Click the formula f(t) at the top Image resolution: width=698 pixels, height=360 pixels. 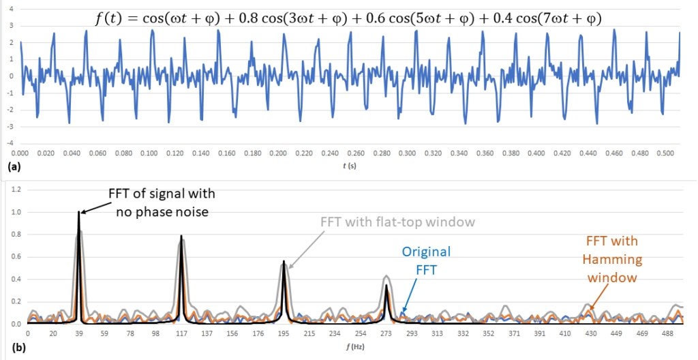348,18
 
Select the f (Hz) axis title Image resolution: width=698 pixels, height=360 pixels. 349,346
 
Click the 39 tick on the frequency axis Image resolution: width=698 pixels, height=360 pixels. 79,334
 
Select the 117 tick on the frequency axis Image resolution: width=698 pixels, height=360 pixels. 181,334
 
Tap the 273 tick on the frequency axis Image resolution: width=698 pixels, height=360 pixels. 386,334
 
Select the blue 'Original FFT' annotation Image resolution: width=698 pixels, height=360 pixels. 426,260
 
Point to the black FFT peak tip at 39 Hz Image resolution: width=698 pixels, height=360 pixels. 79,213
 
